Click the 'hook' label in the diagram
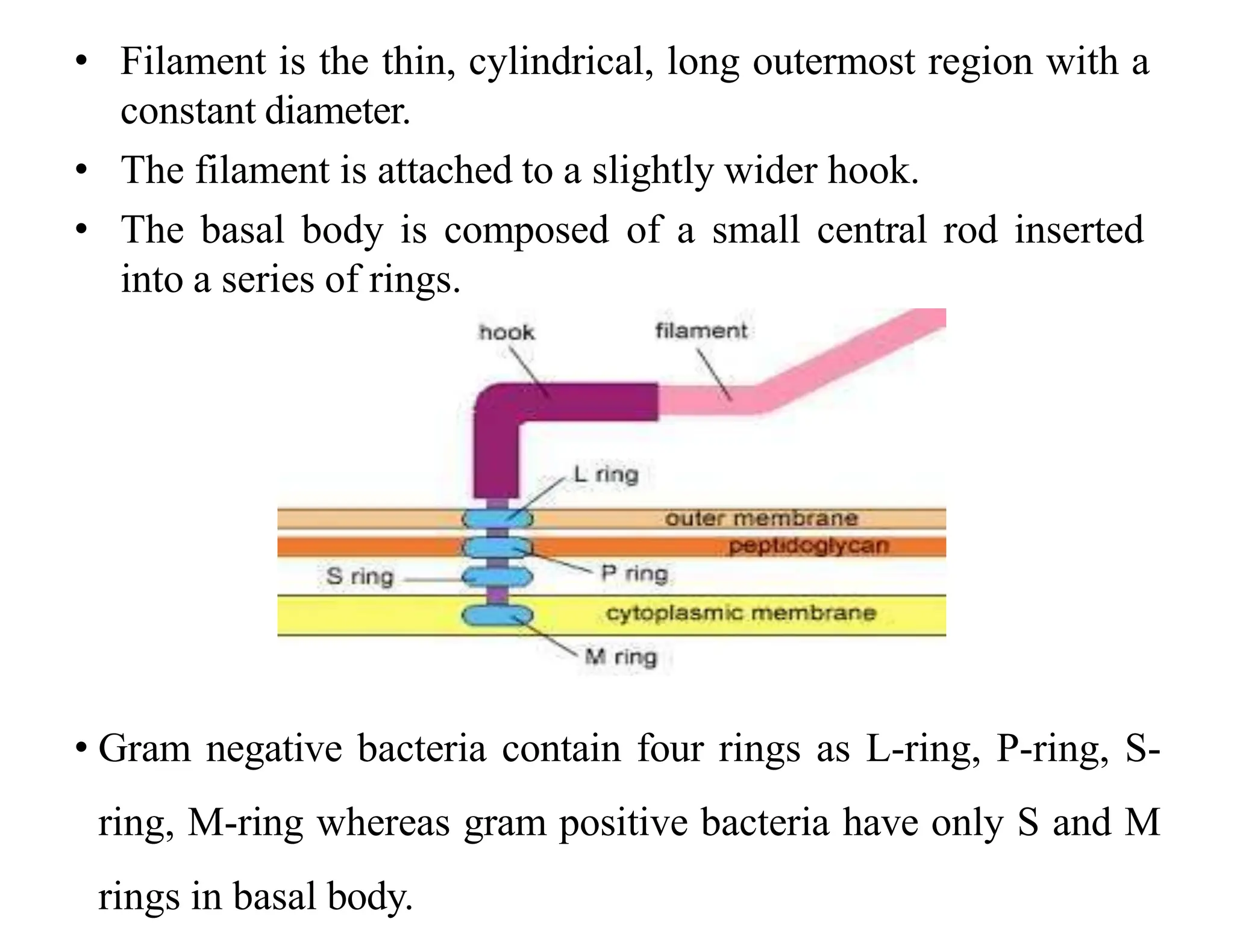click(x=506, y=332)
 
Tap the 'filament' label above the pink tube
click(x=701, y=331)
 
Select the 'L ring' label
click(x=606, y=475)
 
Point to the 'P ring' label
click(x=634, y=573)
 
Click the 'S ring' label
click(x=360, y=576)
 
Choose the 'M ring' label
click(x=621, y=656)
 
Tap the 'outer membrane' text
click(x=761, y=519)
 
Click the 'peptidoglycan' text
click(x=809, y=546)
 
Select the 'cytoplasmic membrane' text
click(x=741, y=613)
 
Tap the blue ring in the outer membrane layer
click(x=498, y=518)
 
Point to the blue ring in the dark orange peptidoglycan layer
click(x=498, y=547)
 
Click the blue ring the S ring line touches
click(x=498, y=578)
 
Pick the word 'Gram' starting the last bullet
click(x=145, y=749)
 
